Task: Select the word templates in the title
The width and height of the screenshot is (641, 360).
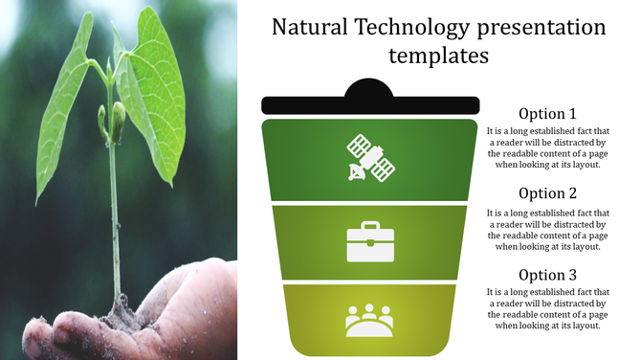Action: pos(439,56)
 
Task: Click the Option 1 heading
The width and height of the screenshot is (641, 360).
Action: pos(547,113)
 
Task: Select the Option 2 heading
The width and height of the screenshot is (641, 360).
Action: pos(547,193)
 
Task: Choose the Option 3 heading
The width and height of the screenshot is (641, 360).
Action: pos(547,275)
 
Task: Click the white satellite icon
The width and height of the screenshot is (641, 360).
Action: pos(369,158)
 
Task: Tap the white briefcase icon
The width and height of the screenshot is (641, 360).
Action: pos(369,242)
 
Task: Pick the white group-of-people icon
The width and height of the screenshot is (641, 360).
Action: pos(369,320)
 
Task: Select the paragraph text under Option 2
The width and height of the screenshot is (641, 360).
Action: pos(547,229)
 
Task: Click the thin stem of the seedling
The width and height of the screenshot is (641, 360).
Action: pos(115,220)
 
